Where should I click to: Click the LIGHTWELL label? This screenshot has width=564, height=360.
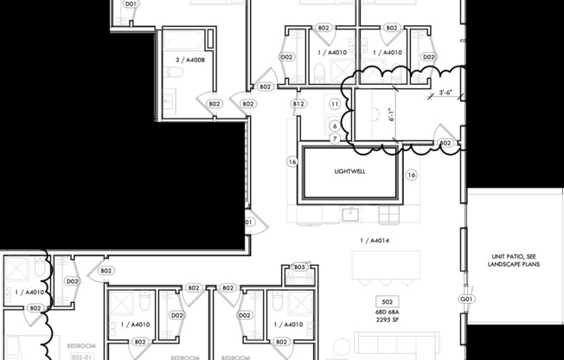click(x=349, y=171)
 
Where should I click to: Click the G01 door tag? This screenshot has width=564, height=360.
click(x=468, y=299)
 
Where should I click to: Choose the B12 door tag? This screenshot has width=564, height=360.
click(x=298, y=104)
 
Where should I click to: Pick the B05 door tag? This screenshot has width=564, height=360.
click(x=299, y=267)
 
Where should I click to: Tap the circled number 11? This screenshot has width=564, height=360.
click(x=335, y=104)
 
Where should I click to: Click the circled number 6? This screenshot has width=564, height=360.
click(x=334, y=125)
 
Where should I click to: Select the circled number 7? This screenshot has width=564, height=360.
click(x=334, y=138)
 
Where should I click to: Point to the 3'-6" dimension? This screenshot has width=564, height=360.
click(x=446, y=92)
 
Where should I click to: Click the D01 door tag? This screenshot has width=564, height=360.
click(x=131, y=4)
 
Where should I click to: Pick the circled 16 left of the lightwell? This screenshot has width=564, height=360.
click(x=292, y=162)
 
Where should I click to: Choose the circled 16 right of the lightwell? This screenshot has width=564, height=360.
click(x=412, y=175)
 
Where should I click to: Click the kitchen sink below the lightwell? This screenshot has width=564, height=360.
click(x=350, y=213)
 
